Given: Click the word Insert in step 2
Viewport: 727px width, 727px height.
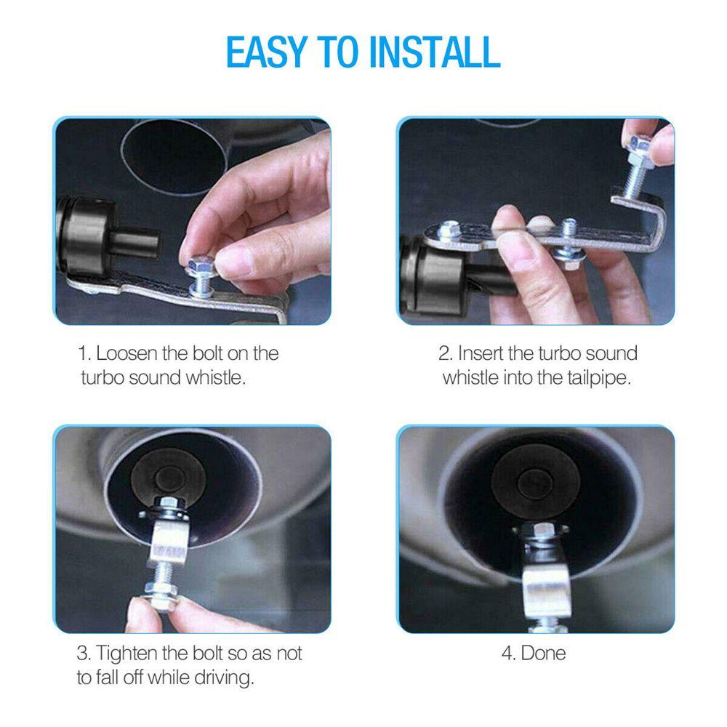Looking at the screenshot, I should point(482,354).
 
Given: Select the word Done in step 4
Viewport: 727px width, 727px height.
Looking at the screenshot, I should point(543,652).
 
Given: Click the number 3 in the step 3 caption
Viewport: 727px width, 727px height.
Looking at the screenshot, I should point(82,652).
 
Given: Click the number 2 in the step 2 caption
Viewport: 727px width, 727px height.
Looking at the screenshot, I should point(444,354).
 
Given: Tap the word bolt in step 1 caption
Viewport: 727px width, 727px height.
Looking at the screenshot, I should point(207,354).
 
